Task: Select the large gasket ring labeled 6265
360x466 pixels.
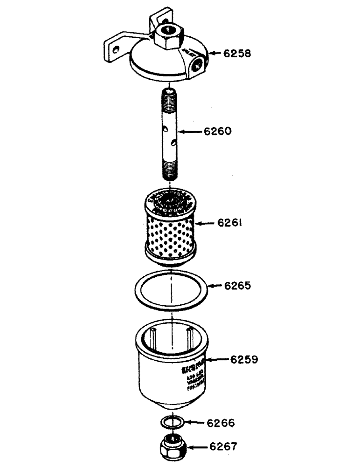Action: click(171, 291)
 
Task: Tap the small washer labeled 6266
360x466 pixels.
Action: click(171, 422)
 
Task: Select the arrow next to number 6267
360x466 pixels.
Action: click(197, 447)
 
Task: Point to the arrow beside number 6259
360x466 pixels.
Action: click(218, 359)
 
